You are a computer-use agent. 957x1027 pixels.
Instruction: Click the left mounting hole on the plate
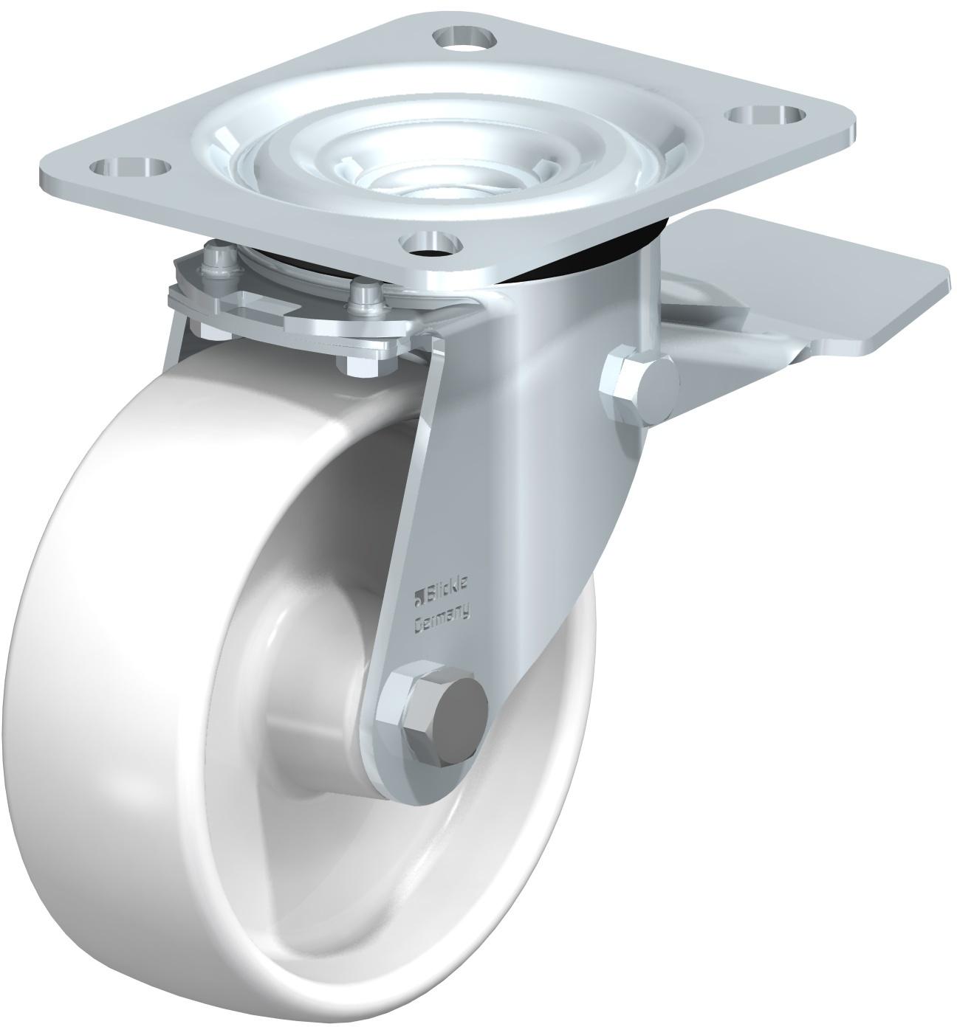click(x=129, y=168)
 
